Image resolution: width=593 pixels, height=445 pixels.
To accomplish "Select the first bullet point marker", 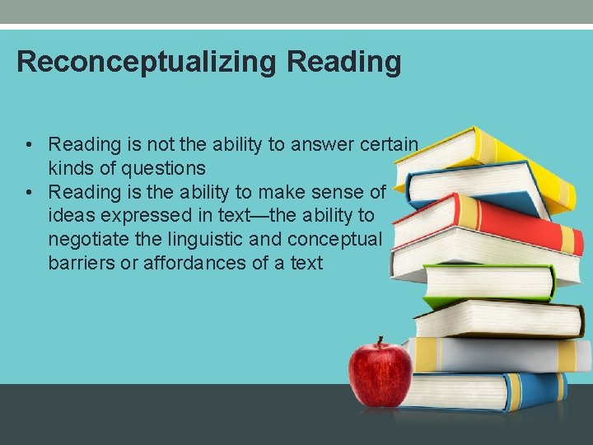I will tap(29, 145).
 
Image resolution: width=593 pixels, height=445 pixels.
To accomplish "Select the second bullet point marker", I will tap(29, 193).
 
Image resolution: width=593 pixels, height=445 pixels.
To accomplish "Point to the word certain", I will tap(389, 144).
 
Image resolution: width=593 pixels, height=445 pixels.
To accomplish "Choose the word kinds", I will tap(68, 168).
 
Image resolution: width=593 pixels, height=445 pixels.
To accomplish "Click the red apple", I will tap(380, 375).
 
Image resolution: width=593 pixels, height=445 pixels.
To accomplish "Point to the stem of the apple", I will tap(381, 340).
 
